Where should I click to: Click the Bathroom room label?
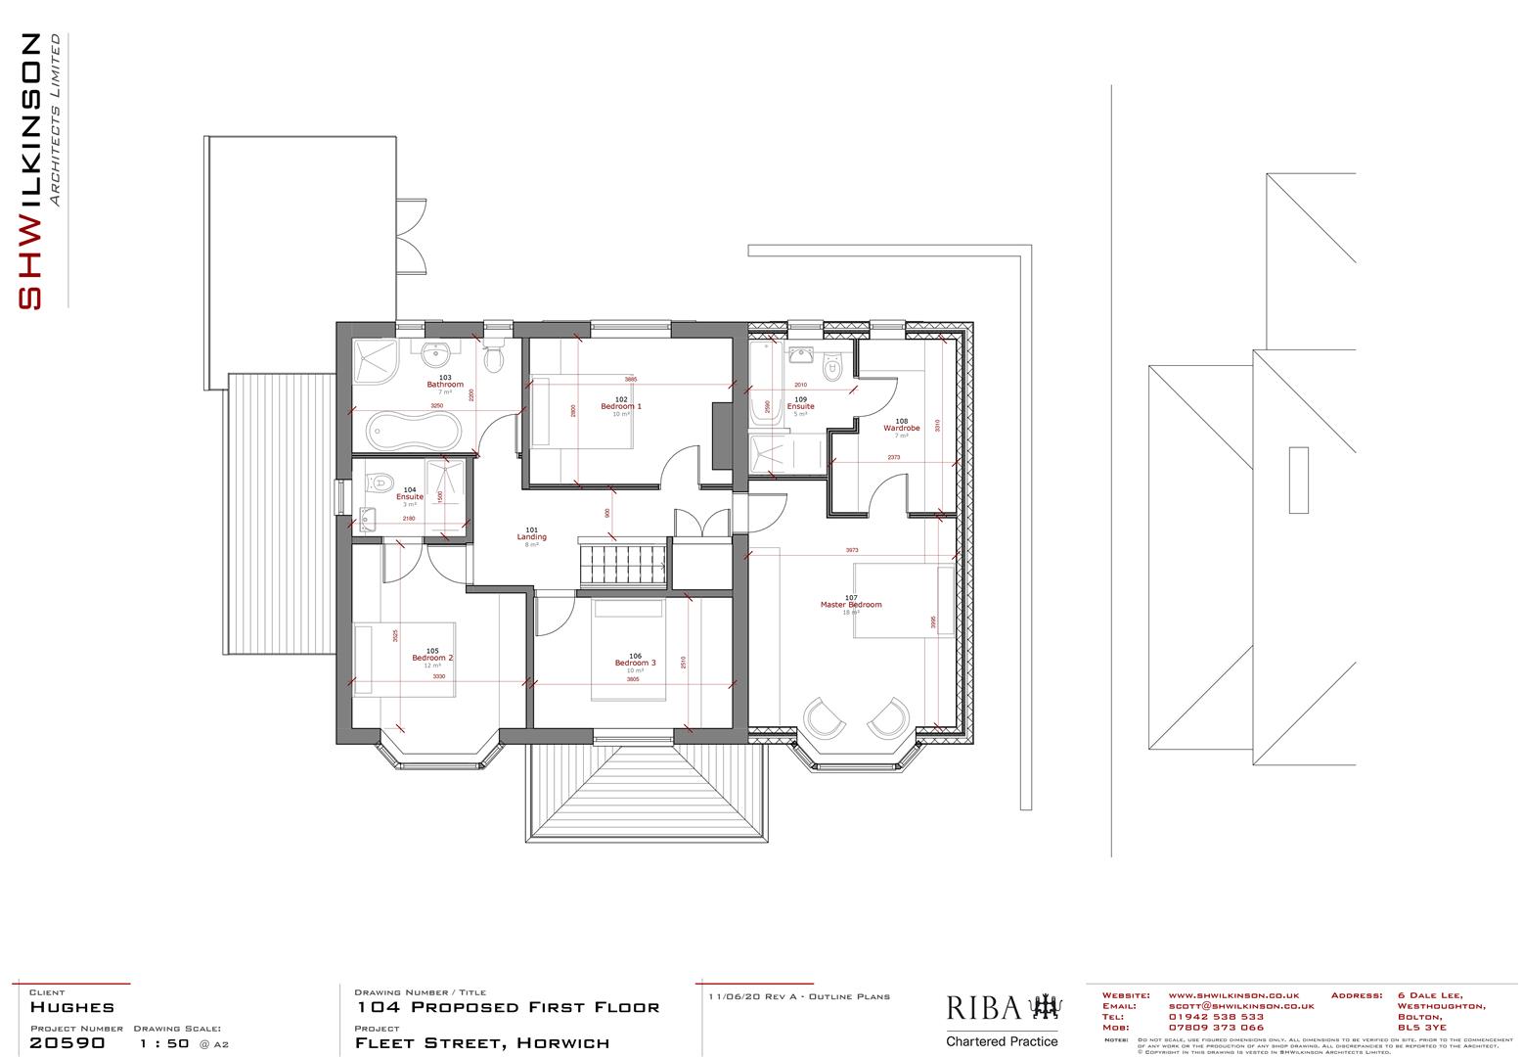point(445,385)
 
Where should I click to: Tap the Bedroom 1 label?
point(621,406)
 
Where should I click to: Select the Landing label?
point(532,537)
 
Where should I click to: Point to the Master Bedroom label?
point(851,605)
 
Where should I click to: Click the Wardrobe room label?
point(902,428)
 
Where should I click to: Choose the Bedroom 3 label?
point(635,663)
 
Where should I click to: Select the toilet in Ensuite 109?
point(833,366)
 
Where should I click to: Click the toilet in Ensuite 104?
point(380,482)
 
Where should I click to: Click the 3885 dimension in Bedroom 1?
point(631,380)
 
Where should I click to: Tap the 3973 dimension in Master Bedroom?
point(852,550)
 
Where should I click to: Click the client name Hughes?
point(72,1007)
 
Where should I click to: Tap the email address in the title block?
point(1240,1006)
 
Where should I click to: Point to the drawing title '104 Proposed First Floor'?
point(508,1007)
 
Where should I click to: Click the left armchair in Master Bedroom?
point(824,717)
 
